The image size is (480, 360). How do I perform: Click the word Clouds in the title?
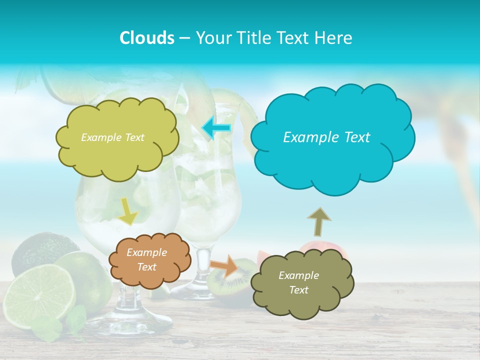point(146,38)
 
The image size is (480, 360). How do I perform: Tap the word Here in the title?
point(334,38)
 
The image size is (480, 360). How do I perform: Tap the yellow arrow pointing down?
point(128,212)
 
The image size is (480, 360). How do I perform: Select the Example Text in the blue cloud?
point(326,137)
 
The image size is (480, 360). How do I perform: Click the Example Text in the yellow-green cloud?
point(112,137)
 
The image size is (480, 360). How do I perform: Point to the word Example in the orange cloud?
point(146,253)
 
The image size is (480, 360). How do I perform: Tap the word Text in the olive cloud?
point(298,290)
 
